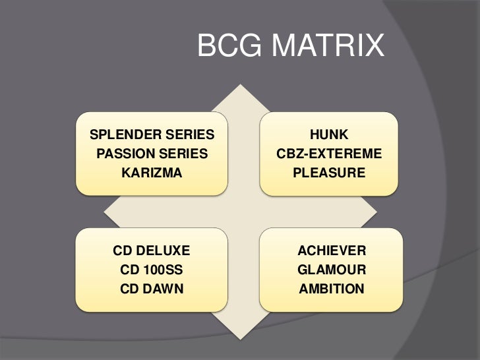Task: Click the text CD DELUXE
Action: tap(152, 251)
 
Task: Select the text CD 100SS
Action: tap(152, 270)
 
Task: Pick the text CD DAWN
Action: tap(152, 289)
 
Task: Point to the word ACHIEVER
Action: tap(331, 251)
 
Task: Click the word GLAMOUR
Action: tap(331, 270)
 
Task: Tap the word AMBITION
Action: tap(331, 289)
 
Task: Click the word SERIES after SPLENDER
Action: tap(191, 136)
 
